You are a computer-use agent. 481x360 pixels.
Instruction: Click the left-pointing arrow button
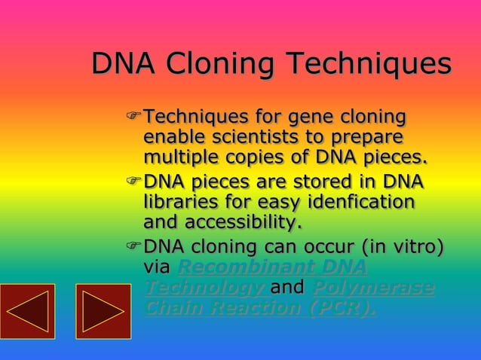pyautogui.click(x=28, y=311)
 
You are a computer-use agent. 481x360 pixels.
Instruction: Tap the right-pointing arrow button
pyautogui.click(x=103, y=311)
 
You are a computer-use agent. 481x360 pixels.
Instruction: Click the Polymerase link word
pyautogui.click(x=372, y=288)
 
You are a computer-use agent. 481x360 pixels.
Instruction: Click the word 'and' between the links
pyautogui.click(x=286, y=288)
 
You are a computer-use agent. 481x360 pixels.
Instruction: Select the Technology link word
pyautogui.click(x=204, y=288)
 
